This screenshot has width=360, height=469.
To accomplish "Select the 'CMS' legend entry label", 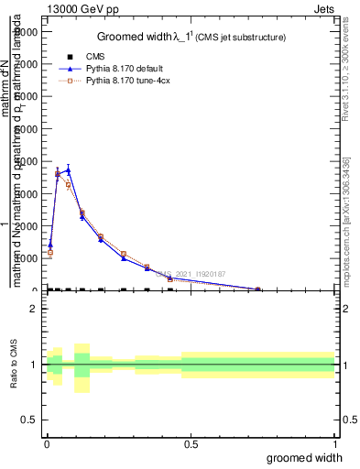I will click(95, 56).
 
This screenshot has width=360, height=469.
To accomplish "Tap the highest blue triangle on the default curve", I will click(68, 169).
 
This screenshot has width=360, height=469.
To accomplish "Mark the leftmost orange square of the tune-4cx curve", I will click(49, 252).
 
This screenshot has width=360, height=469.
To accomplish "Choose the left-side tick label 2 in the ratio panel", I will click(34, 309).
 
